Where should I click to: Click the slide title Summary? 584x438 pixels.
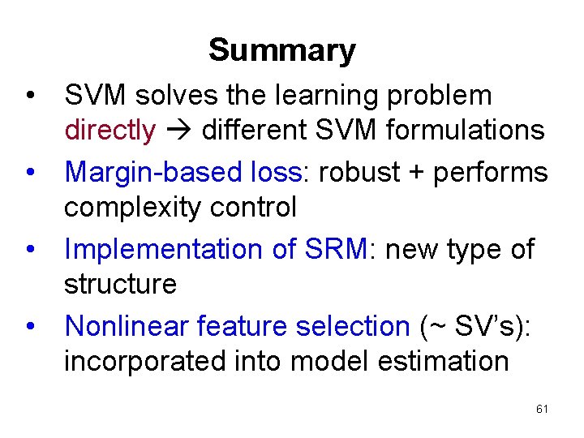[281, 50]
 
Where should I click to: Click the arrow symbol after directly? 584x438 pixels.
[178, 131]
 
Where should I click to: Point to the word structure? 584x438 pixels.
[120, 285]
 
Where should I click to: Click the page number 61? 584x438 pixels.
[542, 410]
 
